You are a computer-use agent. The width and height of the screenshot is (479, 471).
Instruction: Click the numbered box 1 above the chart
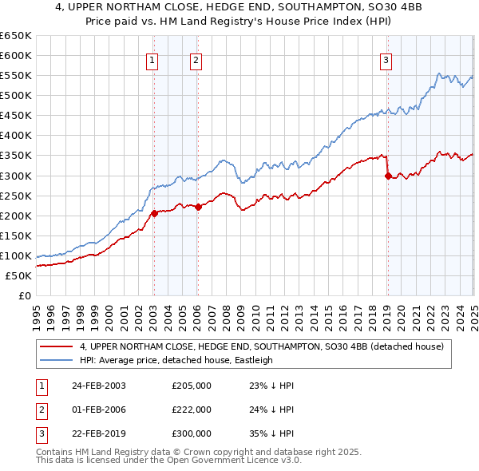(x=152, y=58)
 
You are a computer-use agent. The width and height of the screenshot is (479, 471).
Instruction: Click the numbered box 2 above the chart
(x=196, y=58)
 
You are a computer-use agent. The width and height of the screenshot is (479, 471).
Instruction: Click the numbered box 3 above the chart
(x=386, y=58)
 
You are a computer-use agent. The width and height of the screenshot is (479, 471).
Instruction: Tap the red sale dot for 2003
(x=155, y=213)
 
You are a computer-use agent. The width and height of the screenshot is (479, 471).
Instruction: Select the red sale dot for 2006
(x=198, y=207)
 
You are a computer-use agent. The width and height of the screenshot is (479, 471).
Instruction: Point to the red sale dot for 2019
(x=388, y=176)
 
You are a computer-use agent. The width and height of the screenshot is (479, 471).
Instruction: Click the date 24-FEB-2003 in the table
(x=99, y=386)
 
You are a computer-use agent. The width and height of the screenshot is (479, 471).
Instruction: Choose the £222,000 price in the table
(x=192, y=410)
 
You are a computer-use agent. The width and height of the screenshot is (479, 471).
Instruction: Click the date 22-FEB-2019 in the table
(x=99, y=433)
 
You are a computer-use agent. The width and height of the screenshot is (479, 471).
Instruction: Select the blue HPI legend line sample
(x=57, y=360)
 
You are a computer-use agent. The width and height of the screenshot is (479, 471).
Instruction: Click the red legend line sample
(x=57, y=346)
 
